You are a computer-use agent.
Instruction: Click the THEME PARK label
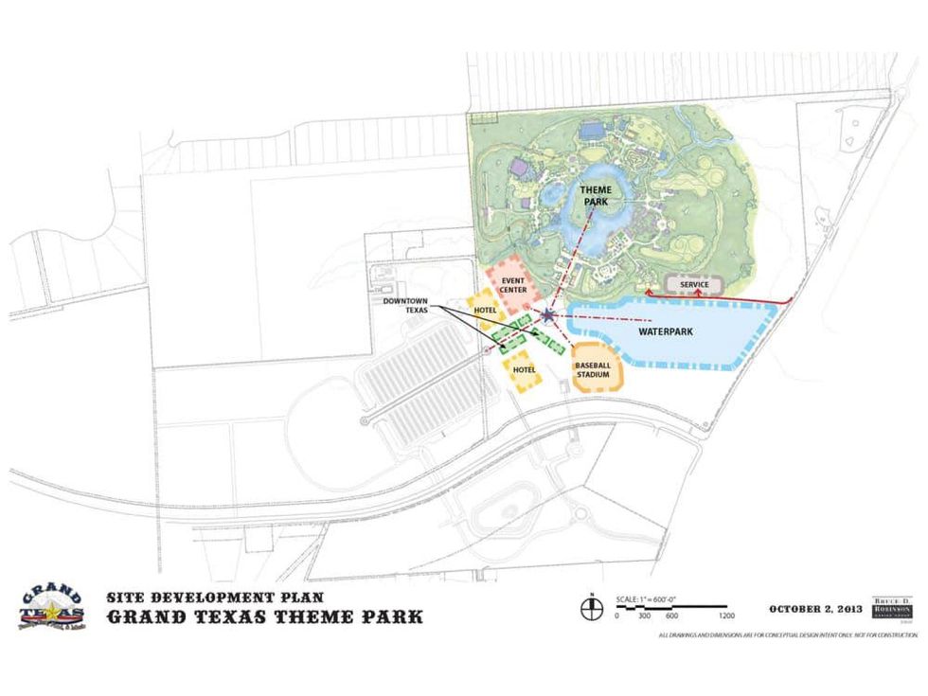[x=596, y=195]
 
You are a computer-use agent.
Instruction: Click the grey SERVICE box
[x=695, y=284]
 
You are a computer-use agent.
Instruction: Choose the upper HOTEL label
[x=487, y=311]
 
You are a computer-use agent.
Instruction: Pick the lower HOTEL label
[x=524, y=369]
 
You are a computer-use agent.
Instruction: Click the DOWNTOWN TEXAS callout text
[x=406, y=306]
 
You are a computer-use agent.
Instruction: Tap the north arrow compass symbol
[x=591, y=605]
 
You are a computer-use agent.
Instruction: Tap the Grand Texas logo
[x=49, y=607]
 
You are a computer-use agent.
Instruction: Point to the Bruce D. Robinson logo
[x=893, y=608]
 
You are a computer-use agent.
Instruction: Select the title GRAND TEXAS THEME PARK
[x=264, y=617]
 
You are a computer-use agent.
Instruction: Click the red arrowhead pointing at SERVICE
[x=700, y=294]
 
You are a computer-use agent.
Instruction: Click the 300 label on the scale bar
[x=644, y=616]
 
